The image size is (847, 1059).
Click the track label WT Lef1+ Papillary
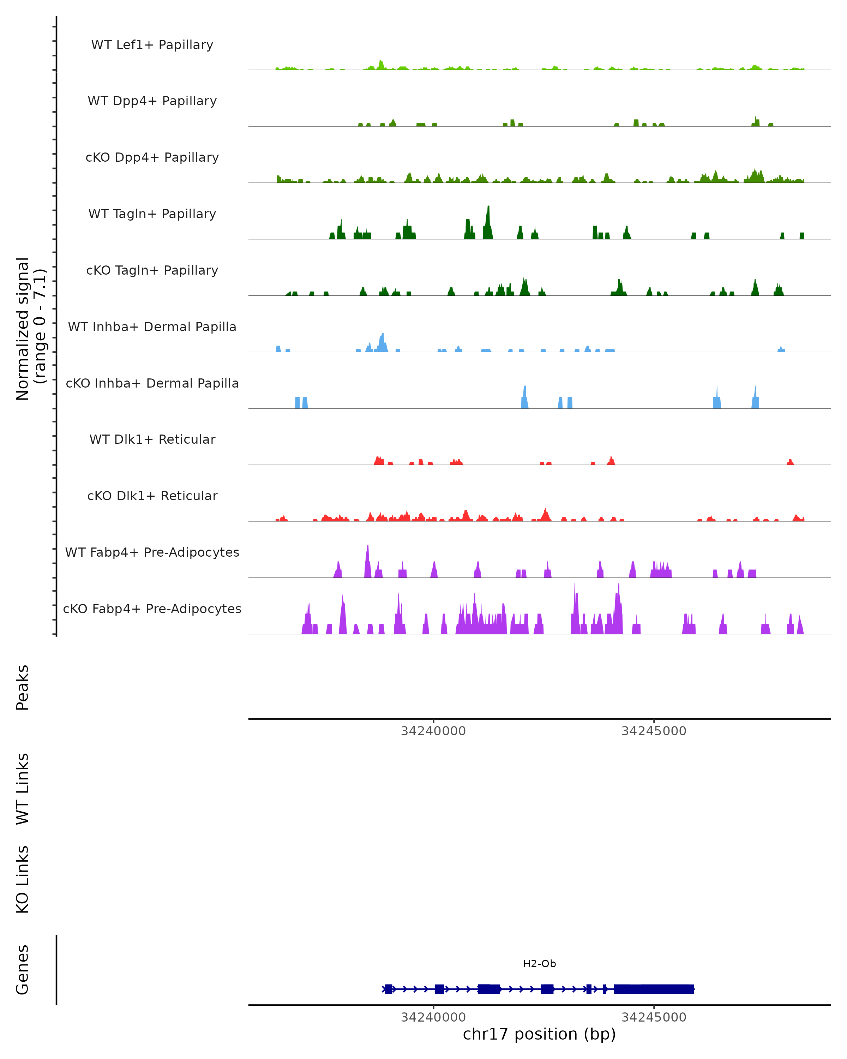pyautogui.click(x=152, y=45)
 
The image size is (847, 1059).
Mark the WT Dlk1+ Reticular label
pyautogui.click(x=152, y=439)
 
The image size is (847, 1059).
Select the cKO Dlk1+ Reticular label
pyautogui.click(x=152, y=496)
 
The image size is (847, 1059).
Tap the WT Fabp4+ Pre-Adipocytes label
pyautogui.click(x=152, y=552)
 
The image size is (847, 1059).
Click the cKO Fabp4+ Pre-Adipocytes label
pyautogui.click(x=152, y=609)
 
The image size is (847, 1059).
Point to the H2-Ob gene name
pyautogui.click(x=539, y=964)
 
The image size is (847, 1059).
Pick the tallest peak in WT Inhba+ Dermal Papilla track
pyautogui.click(x=383, y=335)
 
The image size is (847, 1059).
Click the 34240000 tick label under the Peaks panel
pyautogui.click(x=433, y=731)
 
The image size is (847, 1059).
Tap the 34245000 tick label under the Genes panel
pyautogui.click(x=654, y=1017)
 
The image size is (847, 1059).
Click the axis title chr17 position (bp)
pyautogui.click(x=539, y=1034)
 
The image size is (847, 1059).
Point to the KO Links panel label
pyautogui.click(x=23, y=879)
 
